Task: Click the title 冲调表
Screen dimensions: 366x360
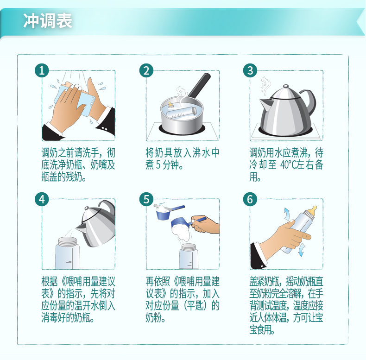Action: [x=48, y=21]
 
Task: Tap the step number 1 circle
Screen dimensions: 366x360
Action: [x=42, y=70]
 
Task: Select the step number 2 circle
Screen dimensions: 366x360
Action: [x=146, y=70]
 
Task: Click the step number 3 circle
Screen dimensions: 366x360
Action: [x=250, y=70]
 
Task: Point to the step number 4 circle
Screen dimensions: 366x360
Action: [x=42, y=200]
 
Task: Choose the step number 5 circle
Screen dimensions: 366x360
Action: [x=146, y=200]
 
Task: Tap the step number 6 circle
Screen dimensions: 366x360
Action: [x=250, y=200]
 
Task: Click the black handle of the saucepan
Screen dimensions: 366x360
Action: [x=200, y=86]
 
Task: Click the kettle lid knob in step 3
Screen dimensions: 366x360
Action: [x=286, y=86]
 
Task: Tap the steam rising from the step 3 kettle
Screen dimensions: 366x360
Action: [x=265, y=86]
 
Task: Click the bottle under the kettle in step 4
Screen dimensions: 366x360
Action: [x=68, y=253]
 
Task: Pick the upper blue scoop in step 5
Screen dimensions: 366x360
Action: [x=169, y=211]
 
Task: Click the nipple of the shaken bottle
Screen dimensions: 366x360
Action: [x=312, y=212]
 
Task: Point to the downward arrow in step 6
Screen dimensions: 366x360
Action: [x=301, y=250]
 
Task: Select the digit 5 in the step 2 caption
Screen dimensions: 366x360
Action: [x=158, y=165]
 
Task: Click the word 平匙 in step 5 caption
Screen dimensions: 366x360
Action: [x=196, y=306]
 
